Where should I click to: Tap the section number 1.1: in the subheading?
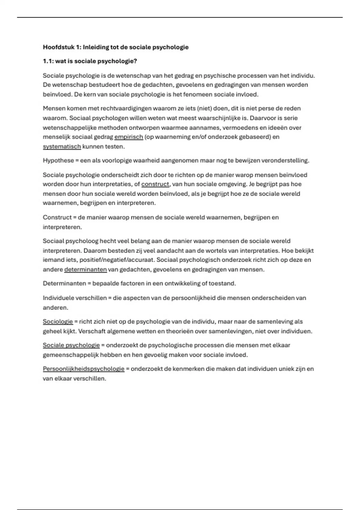48,61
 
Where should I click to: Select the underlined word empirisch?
128,137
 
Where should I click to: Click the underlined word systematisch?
62,147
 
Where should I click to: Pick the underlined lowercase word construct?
155,184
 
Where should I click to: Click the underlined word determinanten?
85,269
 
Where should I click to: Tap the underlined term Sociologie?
58,322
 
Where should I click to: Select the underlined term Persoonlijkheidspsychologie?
83,369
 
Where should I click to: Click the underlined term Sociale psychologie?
71,345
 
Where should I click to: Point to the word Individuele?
60,298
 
